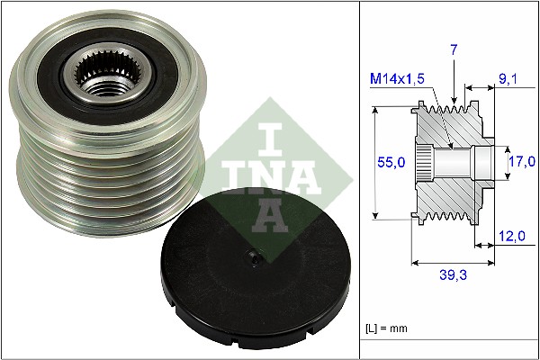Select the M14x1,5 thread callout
pyautogui.click(x=398, y=79)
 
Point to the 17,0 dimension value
pyautogui.click(x=522, y=162)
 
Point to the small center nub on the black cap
pyautogui.click(x=254, y=259)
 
